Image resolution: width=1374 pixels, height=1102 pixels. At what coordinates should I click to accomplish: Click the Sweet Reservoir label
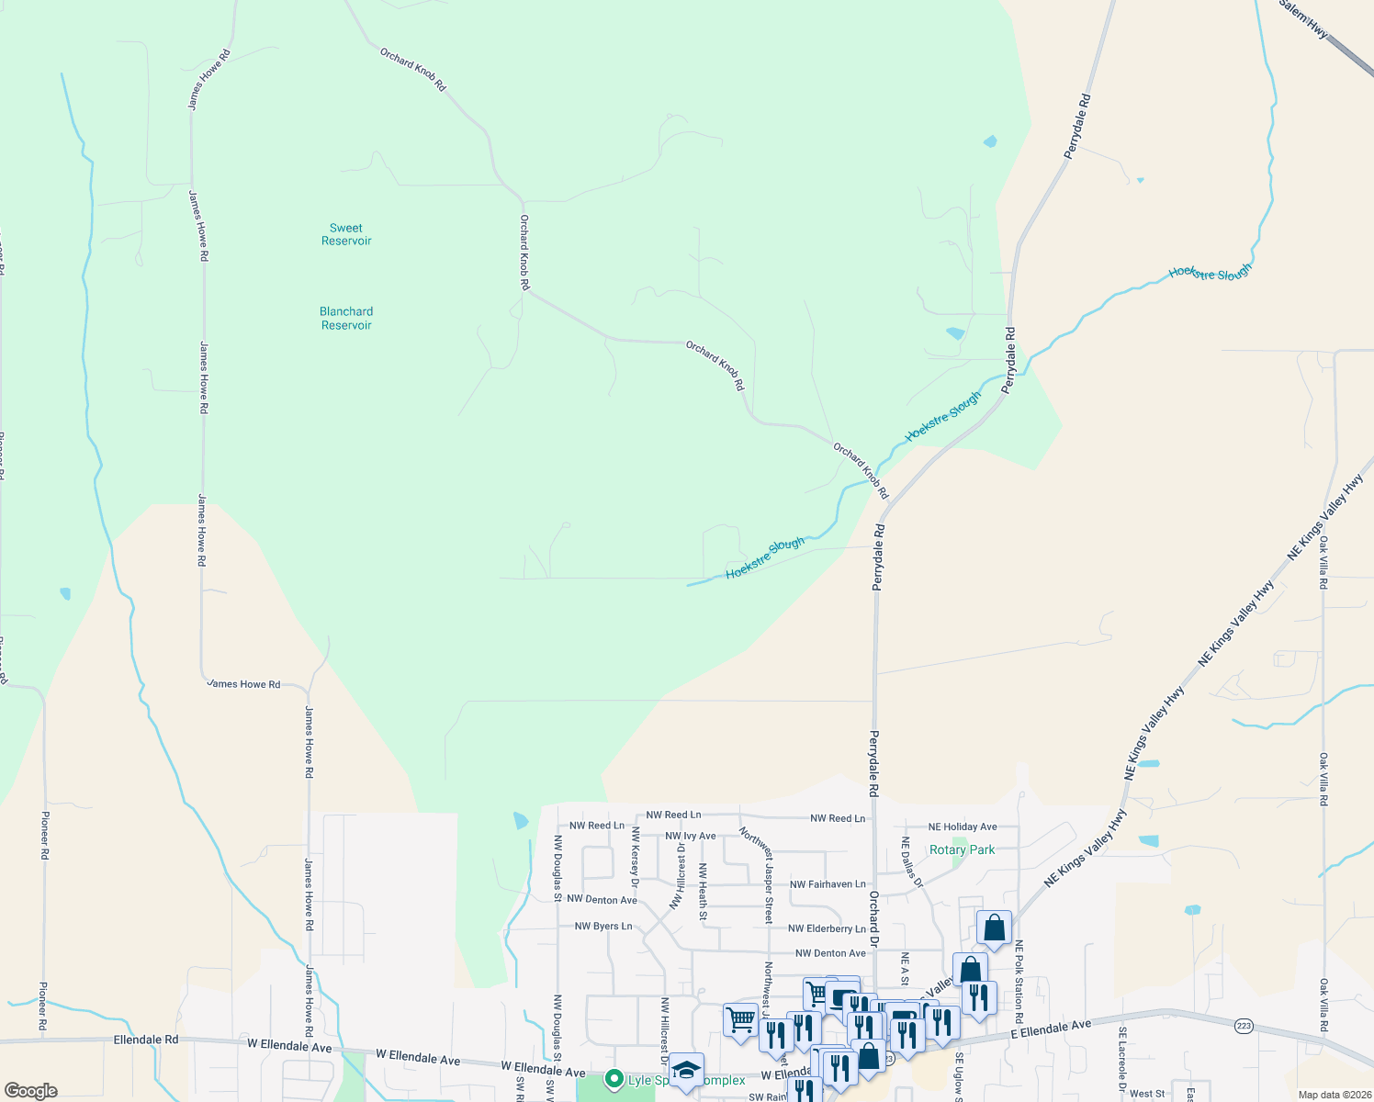346,234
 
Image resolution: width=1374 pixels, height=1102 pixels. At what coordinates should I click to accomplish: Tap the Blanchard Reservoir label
346,318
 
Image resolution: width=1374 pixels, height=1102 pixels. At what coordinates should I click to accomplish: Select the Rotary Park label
962,849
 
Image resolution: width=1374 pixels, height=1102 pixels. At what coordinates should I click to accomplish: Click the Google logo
31,1091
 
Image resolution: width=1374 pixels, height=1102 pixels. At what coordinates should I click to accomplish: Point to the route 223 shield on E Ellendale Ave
1244,1026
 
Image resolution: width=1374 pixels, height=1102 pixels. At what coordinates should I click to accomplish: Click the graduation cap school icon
686,1070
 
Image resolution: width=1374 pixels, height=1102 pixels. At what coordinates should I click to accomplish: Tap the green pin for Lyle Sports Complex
614,1080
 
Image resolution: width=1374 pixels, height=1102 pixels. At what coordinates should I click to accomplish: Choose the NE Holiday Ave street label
963,826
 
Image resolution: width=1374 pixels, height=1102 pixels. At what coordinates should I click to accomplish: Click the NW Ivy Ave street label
690,836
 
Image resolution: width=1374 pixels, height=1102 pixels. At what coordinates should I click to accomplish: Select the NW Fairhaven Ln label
828,884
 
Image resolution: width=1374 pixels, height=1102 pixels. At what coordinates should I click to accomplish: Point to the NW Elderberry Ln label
827,928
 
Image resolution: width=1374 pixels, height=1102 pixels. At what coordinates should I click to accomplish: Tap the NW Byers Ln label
603,926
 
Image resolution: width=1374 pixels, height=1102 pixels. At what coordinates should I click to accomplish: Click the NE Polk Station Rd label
1019,982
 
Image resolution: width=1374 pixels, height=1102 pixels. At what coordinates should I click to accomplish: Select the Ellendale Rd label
146,1040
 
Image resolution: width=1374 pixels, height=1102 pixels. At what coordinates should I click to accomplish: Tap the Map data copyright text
1335,1095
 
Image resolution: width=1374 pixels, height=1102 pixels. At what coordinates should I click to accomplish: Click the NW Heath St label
703,892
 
